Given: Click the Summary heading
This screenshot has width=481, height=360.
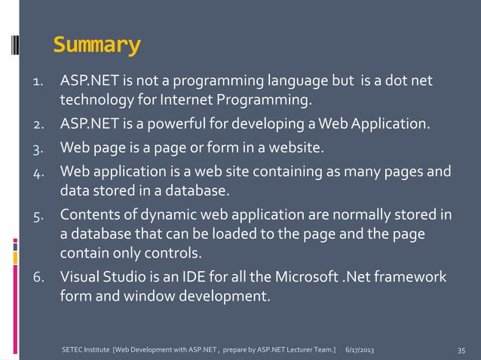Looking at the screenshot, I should (x=97, y=46).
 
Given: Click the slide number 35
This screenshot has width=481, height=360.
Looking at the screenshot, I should (x=461, y=350).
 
